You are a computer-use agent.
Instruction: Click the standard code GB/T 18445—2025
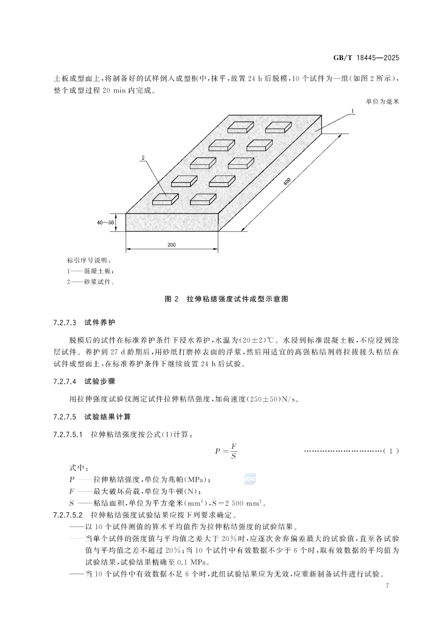pyautogui.click(x=366, y=58)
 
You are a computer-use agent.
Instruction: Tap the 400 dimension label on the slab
pyautogui.click(x=287, y=182)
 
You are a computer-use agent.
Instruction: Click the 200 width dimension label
pyautogui.click(x=171, y=244)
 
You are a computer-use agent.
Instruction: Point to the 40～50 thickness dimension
pyautogui.click(x=105, y=223)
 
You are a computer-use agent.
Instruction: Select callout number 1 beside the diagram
pyautogui.click(x=352, y=111)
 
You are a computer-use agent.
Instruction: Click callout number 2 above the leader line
pyautogui.click(x=143, y=158)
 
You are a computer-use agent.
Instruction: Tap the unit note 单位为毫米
pyautogui.click(x=382, y=102)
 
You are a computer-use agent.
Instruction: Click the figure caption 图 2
pyautogui.click(x=172, y=299)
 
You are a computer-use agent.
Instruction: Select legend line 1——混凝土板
pyautogui.click(x=91, y=271)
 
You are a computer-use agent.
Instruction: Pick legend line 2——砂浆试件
pyautogui.click(x=91, y=282)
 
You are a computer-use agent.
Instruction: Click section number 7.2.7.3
pyautogui.click(x=65, y=323)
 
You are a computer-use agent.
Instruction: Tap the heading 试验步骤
pyautogui.click(x=100, y=382)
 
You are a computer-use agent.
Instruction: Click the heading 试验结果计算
pyautogui.click(x=108, y=417)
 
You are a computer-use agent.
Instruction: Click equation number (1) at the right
pyautogui.click(x=391, y=451)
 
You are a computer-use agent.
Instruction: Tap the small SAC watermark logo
pyautogui.click(x=250, y=479)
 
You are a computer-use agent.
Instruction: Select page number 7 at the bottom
pyautogui.click(x=387, y=586)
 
